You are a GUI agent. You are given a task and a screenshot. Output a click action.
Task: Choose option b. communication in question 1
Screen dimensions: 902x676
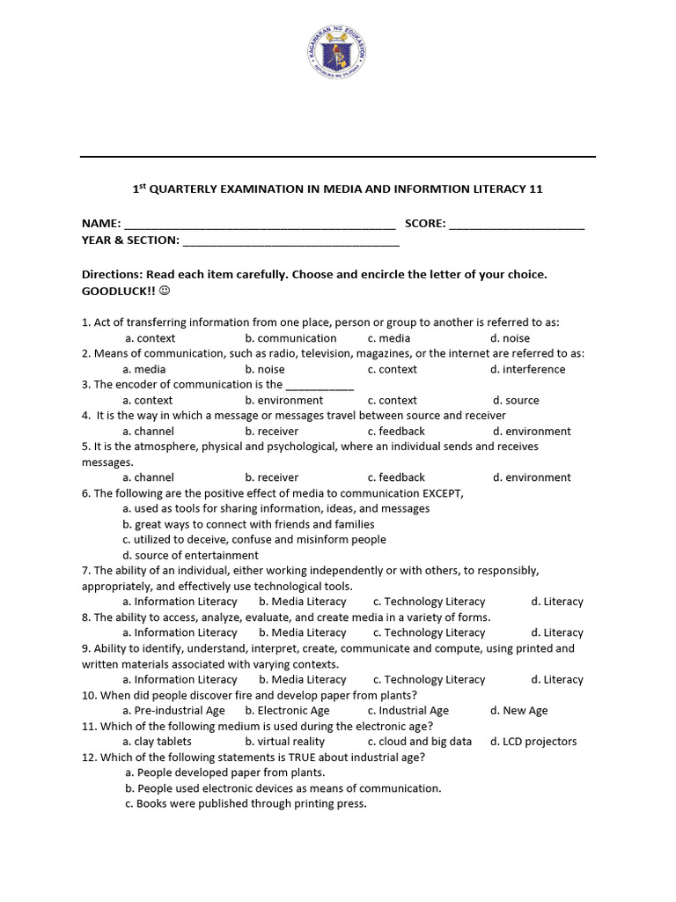coord(290,338)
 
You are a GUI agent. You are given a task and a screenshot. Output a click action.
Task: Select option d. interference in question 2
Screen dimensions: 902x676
coord(528,369)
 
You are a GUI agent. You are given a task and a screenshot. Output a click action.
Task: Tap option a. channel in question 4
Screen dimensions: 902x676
coord(148,432)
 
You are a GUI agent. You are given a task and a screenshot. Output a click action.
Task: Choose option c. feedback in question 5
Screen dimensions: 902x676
coord(396,477)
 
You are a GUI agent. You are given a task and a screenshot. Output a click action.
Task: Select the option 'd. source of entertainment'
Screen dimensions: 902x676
coord(190,555)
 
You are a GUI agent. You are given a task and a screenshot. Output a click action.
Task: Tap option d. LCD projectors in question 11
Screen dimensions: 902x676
coord(533,742)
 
